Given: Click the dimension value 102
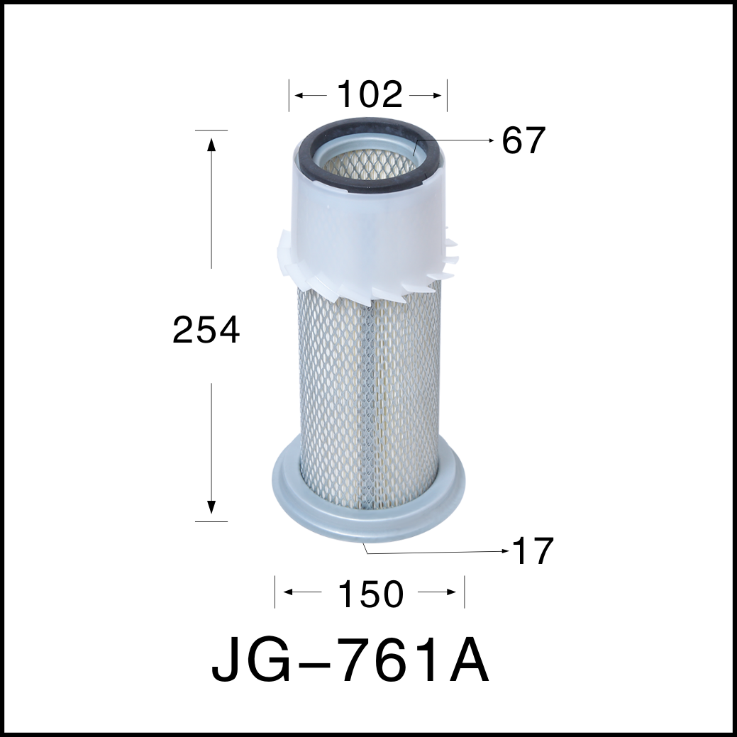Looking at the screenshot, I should [369, 95].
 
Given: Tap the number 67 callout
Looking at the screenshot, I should [523, 141].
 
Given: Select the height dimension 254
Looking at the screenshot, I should [206, 331].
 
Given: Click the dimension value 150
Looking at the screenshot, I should [369, 594].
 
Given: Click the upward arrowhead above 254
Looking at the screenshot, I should [211, 144].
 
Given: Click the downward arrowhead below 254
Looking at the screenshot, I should [211, 506].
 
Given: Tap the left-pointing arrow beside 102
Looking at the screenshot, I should [301, 95].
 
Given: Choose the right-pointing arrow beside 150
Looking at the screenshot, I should [449, 592].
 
